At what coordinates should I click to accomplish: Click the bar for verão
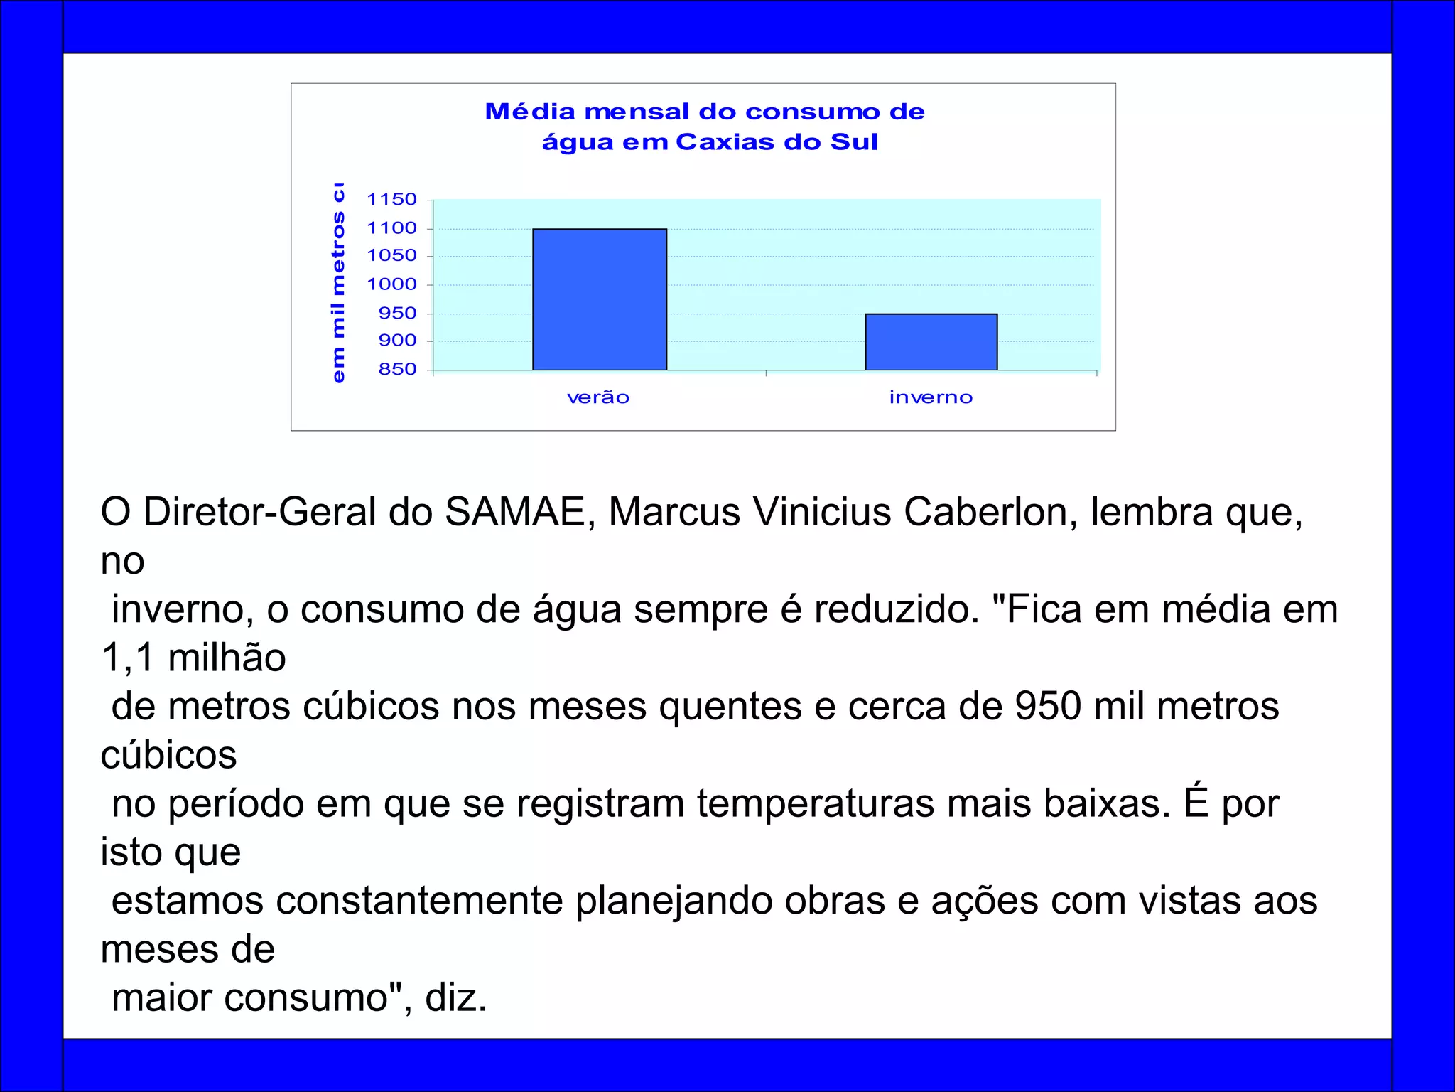pos(600,299)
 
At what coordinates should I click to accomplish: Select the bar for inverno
pos(931,342)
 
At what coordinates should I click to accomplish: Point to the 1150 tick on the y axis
pos(391,200)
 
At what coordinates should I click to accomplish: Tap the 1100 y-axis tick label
pos(391,228)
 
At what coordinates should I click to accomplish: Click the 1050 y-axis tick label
pos(391,256)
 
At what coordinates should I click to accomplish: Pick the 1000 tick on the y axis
pos(391,284)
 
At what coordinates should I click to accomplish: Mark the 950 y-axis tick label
pos(397,314)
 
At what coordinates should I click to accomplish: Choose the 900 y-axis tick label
pos(397,341)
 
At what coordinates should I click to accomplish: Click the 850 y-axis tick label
pos(397,370)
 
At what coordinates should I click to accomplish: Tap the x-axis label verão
pos(598,397)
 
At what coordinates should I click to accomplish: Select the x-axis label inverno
pos(931,397)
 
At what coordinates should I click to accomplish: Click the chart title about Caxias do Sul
pos(705,127)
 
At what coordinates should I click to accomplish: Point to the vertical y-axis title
pos(339,283)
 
